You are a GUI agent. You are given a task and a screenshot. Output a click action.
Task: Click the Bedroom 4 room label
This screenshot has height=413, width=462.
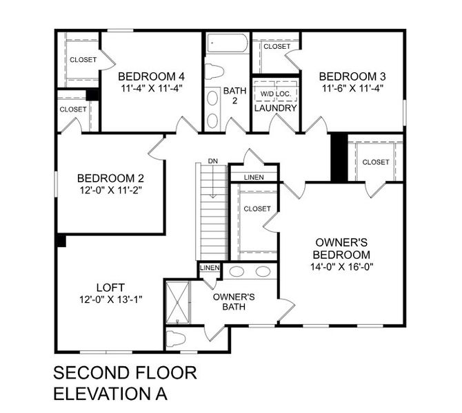click(151, 76)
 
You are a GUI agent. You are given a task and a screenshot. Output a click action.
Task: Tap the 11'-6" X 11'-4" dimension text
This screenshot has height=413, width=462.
click(352, 88)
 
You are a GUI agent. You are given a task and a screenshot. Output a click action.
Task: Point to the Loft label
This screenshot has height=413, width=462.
click(110, 287)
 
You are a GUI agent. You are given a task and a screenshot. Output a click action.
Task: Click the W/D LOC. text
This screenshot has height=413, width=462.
click(275, 92)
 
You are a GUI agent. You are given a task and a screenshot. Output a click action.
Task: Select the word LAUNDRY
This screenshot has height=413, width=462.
click(275, 108)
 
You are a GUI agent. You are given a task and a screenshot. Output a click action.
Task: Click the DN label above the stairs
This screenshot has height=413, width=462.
click(212, 161)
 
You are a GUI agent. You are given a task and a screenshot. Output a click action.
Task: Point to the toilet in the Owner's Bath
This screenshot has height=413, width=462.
click(178, 339)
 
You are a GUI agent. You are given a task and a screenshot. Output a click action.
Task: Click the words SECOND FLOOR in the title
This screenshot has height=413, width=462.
click(125, 374)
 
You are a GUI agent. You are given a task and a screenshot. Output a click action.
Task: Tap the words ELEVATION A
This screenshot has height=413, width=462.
click(110, 394)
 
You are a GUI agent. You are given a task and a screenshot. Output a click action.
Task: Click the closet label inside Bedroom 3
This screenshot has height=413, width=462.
click(277, 47)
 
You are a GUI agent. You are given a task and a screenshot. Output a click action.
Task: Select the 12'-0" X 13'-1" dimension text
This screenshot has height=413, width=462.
click(110, 299)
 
